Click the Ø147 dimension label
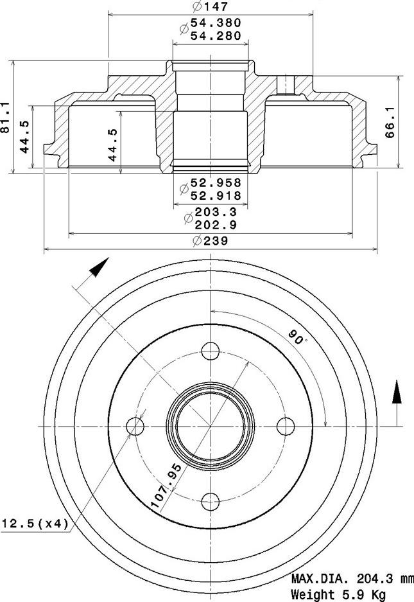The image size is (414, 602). click(x=211, y=7)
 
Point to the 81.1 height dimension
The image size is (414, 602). click(x=7, y=117)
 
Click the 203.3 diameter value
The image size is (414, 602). click(x=216, y=212)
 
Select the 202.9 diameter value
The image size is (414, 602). click(x=216, y=225)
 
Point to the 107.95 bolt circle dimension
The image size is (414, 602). click(x=166, y=486)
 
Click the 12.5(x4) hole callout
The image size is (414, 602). click(x=35, y=524)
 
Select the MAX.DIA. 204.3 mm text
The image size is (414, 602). click(x=352, y=578)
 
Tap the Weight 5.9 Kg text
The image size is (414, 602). click(x=339, y=594)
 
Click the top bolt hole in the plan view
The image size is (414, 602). click(x=211, y=351)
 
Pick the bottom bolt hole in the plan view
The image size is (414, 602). click(x=211, y=500)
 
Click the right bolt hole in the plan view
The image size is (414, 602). click(x=286, y=425)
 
